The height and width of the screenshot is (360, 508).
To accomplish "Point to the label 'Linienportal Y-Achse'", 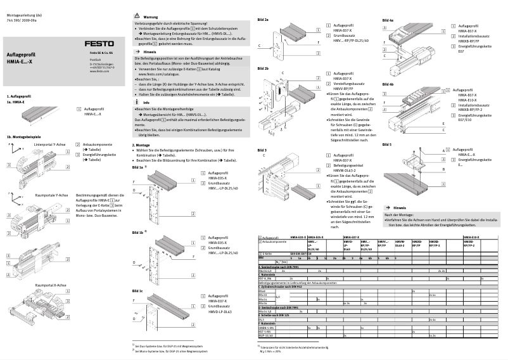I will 51,145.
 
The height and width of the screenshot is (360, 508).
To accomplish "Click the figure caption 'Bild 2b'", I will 263,68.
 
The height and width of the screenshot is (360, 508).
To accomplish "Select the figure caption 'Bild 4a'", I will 388,21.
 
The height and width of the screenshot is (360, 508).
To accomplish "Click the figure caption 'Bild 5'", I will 387,145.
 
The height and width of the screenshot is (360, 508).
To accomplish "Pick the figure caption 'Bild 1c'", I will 137,290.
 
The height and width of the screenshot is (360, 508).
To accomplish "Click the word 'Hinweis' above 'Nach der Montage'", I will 400,208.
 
